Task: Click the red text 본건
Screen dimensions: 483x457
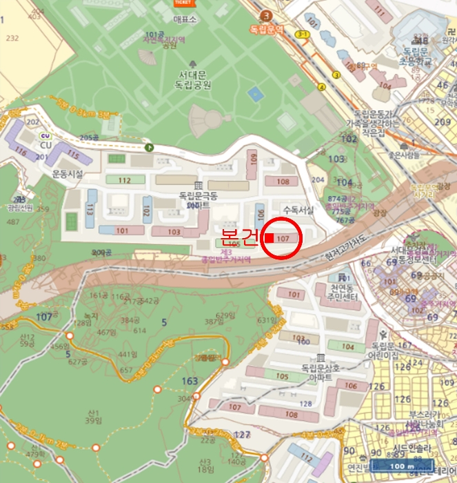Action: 239,237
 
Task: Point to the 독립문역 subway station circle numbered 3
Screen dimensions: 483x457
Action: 266,16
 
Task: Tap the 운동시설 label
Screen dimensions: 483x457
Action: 68,175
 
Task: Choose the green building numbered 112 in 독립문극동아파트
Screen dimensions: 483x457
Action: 124,180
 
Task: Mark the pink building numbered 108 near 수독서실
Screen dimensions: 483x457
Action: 283,181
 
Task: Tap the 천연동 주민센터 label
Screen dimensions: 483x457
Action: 343,292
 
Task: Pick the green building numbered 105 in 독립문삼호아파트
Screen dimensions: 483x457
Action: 281,377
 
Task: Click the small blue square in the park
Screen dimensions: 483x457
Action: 256,92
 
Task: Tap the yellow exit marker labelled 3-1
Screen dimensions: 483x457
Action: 301,33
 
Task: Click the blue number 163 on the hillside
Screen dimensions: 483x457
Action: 190,382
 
